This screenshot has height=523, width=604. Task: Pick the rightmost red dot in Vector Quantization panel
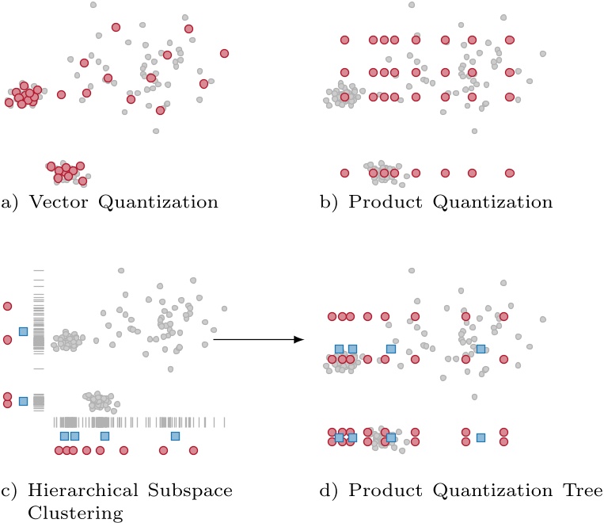[x=224, y=53]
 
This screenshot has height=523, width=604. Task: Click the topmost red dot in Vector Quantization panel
[x=116, y=27]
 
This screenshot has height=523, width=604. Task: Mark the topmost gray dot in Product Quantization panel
[x=411, y=6]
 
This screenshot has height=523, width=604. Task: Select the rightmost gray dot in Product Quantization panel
[x=543, y=54]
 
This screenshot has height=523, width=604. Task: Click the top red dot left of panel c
[x=8, y=305]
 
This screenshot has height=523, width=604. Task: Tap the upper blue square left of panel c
[x=23, y=331]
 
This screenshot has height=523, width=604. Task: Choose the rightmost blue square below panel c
[x=175, y=436]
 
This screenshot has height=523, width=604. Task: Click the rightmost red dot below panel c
[x=191, y=450]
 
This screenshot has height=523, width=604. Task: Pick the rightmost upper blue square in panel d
[x=481, y=349]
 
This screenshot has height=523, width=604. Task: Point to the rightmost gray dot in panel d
[x=543, y=319]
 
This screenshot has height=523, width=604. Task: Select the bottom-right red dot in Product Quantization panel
[x=510, y=173]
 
